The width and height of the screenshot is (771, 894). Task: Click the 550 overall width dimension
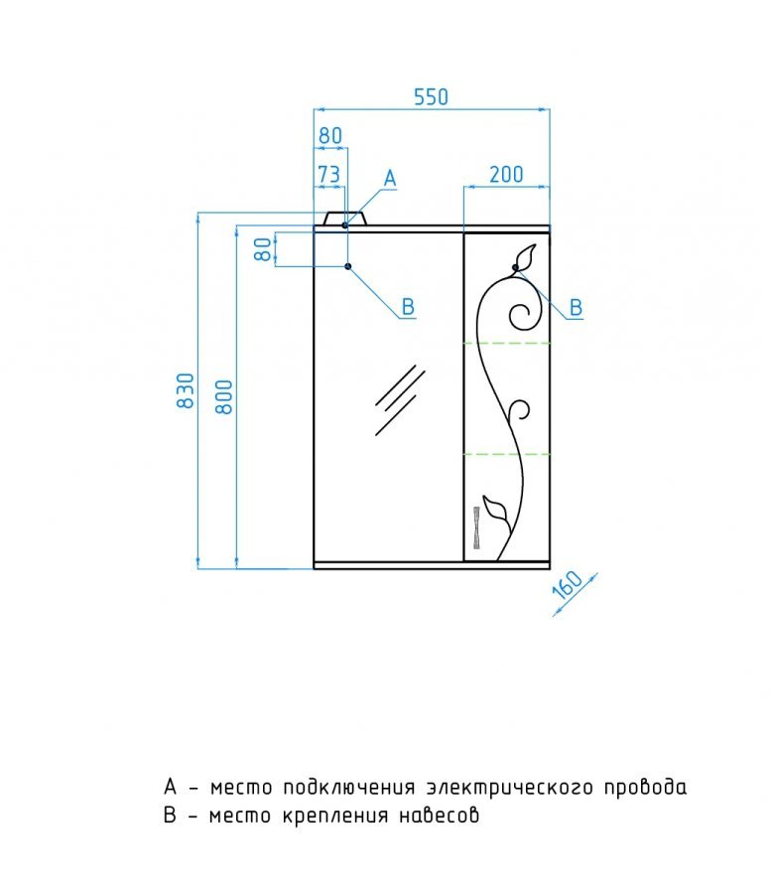431,96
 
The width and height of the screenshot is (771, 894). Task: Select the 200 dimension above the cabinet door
505,174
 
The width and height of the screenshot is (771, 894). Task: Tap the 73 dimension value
328,174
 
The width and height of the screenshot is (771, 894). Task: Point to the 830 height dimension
185,393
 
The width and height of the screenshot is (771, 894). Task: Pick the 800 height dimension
223,396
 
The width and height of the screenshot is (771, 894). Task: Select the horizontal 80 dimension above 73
329,134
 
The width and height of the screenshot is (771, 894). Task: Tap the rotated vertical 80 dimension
262,249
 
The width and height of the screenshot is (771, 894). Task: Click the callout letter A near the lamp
390,179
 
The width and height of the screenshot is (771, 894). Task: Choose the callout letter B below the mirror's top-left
407,308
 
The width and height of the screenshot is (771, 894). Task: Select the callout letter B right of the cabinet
576,308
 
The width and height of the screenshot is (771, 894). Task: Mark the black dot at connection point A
345,225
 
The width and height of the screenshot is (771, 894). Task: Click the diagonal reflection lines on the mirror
399,399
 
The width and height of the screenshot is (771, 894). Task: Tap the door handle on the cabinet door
476,527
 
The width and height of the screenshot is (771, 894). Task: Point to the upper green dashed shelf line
507,343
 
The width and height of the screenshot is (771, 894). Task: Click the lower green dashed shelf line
507,454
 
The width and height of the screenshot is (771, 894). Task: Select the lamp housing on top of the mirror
346,218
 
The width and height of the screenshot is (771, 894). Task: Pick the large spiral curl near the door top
522,316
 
